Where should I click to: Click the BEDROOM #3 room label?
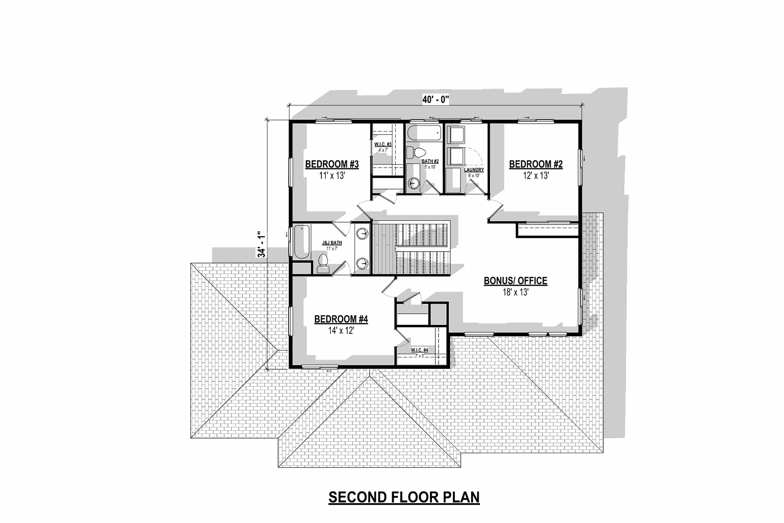(332, 164)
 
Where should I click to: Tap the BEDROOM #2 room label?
(536, 164)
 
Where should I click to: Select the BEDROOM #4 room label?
(341, 319)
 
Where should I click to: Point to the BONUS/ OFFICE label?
(515, 281)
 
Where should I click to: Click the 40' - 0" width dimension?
(436, 99)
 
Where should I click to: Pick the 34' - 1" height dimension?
(261, 244)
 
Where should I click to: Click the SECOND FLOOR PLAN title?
(404, 497)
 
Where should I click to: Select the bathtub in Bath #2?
(424, 133)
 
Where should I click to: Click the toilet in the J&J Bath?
(323, 263)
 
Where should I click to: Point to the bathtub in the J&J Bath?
(301, 241)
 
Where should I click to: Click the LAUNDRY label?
(474, 170)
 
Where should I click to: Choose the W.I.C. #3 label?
(383, 145)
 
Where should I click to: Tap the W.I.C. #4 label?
(419, 350)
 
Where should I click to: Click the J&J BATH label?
(332, 243)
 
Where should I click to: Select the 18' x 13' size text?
(515, 293)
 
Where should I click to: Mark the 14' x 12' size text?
(341, 331)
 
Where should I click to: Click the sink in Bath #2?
(414, 183)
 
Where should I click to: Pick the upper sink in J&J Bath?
(362, 234)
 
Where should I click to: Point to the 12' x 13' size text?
(536, 176)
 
